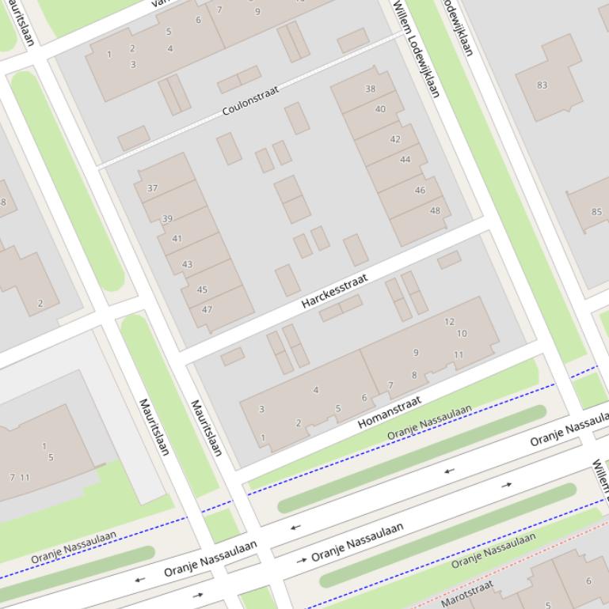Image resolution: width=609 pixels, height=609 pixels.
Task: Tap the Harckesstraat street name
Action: pos(334,291)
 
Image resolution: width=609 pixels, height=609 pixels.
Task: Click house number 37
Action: pos(152,188)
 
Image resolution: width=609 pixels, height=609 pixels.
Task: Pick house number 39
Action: pos(167,219)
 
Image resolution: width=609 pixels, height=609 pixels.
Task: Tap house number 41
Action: pos(177,238)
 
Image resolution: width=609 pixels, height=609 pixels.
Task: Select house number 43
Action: pos(187,264)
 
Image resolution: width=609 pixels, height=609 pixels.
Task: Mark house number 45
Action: pos(202,289)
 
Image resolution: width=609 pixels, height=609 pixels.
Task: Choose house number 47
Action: pos(207,309)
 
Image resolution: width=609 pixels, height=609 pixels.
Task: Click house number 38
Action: pos(370,89)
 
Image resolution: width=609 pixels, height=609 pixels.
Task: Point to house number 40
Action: pos(380,109)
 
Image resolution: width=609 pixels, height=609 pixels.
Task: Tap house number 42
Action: pos(395,139)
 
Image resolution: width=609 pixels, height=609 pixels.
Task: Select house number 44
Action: pos(405,160)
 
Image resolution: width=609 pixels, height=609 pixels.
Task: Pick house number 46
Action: pos(420,190)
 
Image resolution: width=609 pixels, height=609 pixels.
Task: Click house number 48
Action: pos(435,210)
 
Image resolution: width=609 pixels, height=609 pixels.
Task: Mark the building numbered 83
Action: pos(542,85)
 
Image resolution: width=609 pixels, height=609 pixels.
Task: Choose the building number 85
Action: pos(596,211)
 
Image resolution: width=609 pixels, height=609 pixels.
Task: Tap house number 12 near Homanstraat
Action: pos(449,321)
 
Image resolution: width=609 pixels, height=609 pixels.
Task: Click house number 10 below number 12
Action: pos(461,333)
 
